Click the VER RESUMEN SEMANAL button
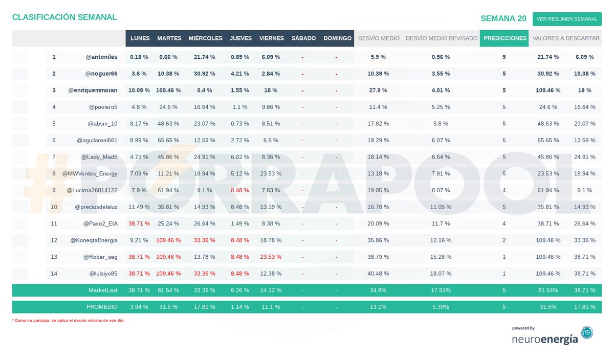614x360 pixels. pyautogui.click(x=567, y=19)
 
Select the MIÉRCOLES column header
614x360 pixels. pyautogui.click(x=205, y=38)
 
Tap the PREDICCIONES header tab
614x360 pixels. pyautogui.click(x=505, y=38)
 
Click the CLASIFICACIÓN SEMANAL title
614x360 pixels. pyautogui.click(x=64, y=17)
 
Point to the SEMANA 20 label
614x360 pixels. pyautogui.click(x=503, y=18)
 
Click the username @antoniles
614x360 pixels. pyautogui.click(x=101, y=57)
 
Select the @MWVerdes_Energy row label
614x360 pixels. pyautogui.click(x=90, y=174)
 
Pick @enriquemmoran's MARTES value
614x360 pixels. pyautogui.click(x=168, y=90)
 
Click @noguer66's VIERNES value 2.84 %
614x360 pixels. pyautogui.click(x=271, y=74)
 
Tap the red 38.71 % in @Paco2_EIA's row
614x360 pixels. pyautogui.click(x=139, y=223)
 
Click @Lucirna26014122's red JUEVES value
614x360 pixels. pyautogui.click(x=240, y=190)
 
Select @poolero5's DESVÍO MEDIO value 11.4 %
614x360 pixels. pyautogui.click(x=378, y=107)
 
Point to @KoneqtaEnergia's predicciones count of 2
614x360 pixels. pyautogui.click(x=504, y=240)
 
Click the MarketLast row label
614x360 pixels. pyautogui.click(x=103, y=290)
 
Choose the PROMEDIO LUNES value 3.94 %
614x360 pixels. pyautogui.click(x=139, y=307)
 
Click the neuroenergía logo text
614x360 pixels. pyautogui.click(x=545, y=339)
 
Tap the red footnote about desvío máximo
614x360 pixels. pyautogui.click(x=68, y=320)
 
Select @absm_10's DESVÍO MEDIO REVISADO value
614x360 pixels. pyautogui.click(x=441, y=124)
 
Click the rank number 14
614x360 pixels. pyautogui.click(x=54, y=274)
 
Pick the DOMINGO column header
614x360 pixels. pyautogui.click(x=337, y=38)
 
